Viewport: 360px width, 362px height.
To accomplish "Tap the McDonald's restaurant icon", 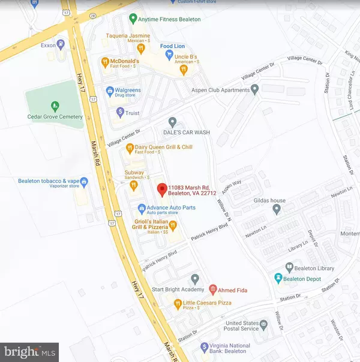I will coord(105,61).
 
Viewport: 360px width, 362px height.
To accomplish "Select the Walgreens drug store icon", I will coord(110,91).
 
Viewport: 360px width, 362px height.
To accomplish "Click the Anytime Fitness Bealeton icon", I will coord(134,19).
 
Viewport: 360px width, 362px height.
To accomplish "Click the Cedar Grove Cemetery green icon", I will coord(55,107).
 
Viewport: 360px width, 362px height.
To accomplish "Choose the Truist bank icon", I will coord(120,111).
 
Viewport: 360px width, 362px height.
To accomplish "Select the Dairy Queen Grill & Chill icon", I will coord(129,148).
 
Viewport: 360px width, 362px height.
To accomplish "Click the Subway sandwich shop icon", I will coord(133,186).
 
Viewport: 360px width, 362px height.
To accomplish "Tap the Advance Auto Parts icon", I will coord(141,209).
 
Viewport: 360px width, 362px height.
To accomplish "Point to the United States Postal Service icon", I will coord(263,327).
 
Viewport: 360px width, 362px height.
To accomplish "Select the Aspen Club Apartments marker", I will coord(254,90).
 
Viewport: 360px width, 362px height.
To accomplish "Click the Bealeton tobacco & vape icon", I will coord(85,181).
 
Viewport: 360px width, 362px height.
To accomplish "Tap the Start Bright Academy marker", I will coord(194,279).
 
